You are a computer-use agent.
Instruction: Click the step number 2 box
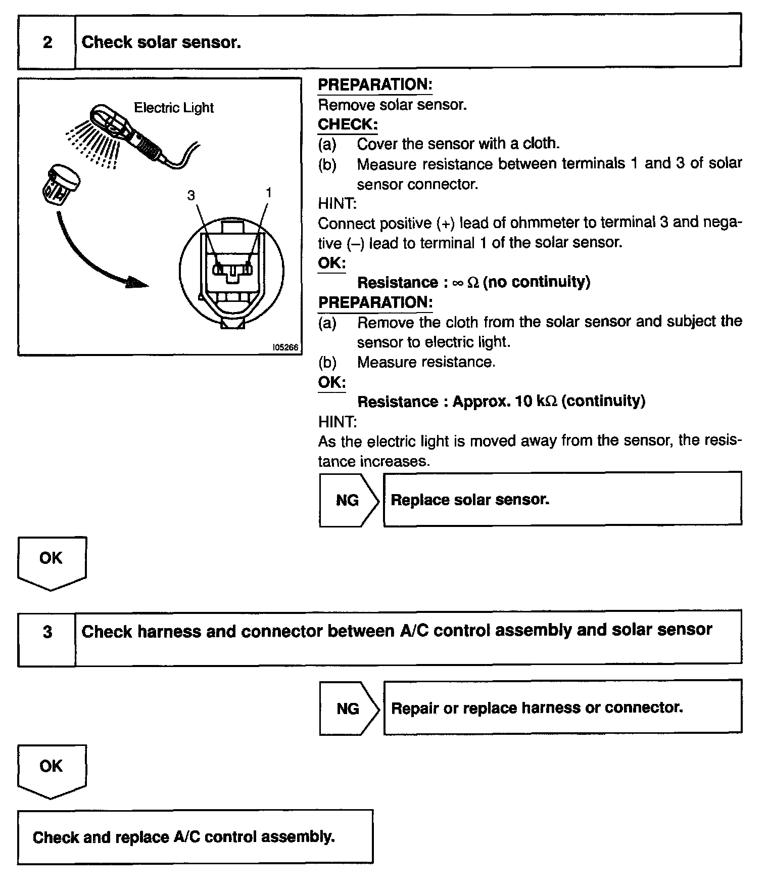(47, 42)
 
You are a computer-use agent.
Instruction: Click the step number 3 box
(47, 632)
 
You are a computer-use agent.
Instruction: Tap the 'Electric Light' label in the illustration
(173, 108)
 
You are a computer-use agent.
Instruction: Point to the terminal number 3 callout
(191, 195)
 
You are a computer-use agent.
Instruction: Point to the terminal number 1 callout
(268, 193)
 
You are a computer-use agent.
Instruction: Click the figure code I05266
(285, 347)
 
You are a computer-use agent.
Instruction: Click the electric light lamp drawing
(126, 131)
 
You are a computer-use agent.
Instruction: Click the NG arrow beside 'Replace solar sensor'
(348, 500)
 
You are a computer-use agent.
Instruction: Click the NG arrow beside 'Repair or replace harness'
(349, 708)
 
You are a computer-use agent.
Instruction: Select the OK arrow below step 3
(52, 770)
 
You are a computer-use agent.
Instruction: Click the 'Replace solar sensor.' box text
(470, 500)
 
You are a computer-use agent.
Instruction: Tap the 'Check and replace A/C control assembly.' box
(195, 837)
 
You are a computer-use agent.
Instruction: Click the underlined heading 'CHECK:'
(348, 124)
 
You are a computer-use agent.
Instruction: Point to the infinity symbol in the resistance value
(457, 283)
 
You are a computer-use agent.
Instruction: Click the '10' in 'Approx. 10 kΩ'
(523, 402)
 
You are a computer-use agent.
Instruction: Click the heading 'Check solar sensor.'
(161, 42)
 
